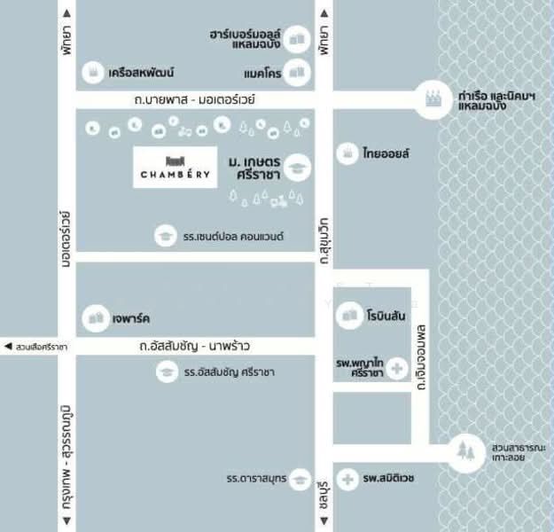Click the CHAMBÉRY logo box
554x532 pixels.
coord(176,168)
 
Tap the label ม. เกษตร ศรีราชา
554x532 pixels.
coord(254,168)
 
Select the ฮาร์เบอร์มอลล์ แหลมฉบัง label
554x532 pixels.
coord(251,39)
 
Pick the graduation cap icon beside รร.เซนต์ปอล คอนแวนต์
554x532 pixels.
coord(164,236)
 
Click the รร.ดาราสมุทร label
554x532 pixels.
coord(255,479)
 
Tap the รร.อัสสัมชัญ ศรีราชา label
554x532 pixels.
coord(230,372)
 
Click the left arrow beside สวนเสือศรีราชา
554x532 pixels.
coord(7,346)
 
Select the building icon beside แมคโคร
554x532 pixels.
coord(299,73)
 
